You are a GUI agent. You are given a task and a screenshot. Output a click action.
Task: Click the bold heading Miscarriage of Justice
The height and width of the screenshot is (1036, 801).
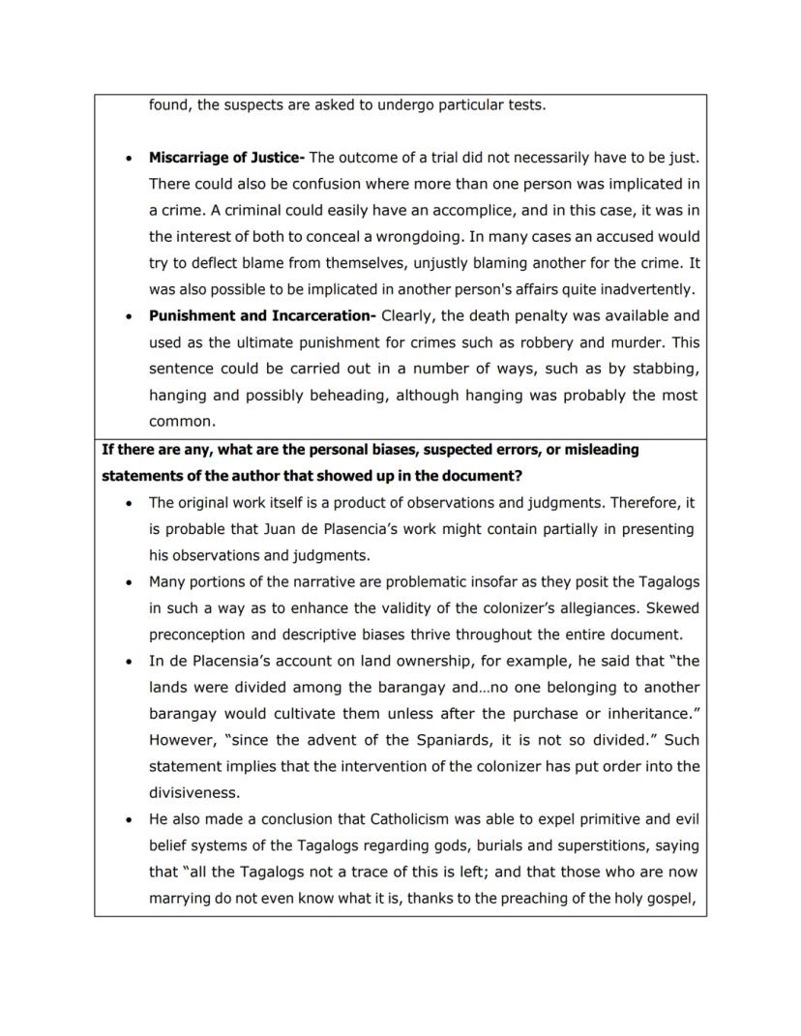point(224,157)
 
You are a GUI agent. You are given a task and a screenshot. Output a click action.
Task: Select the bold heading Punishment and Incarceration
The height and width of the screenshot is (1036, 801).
point(261,315)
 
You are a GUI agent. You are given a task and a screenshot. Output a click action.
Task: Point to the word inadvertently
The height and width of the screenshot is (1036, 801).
point(647,289)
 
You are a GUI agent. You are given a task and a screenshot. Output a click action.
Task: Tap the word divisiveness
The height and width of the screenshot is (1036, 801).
point(193,793)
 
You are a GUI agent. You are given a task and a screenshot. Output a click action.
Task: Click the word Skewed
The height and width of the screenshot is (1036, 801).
point(673,608)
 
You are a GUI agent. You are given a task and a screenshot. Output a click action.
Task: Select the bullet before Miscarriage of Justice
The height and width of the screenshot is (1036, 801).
point(129,158)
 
